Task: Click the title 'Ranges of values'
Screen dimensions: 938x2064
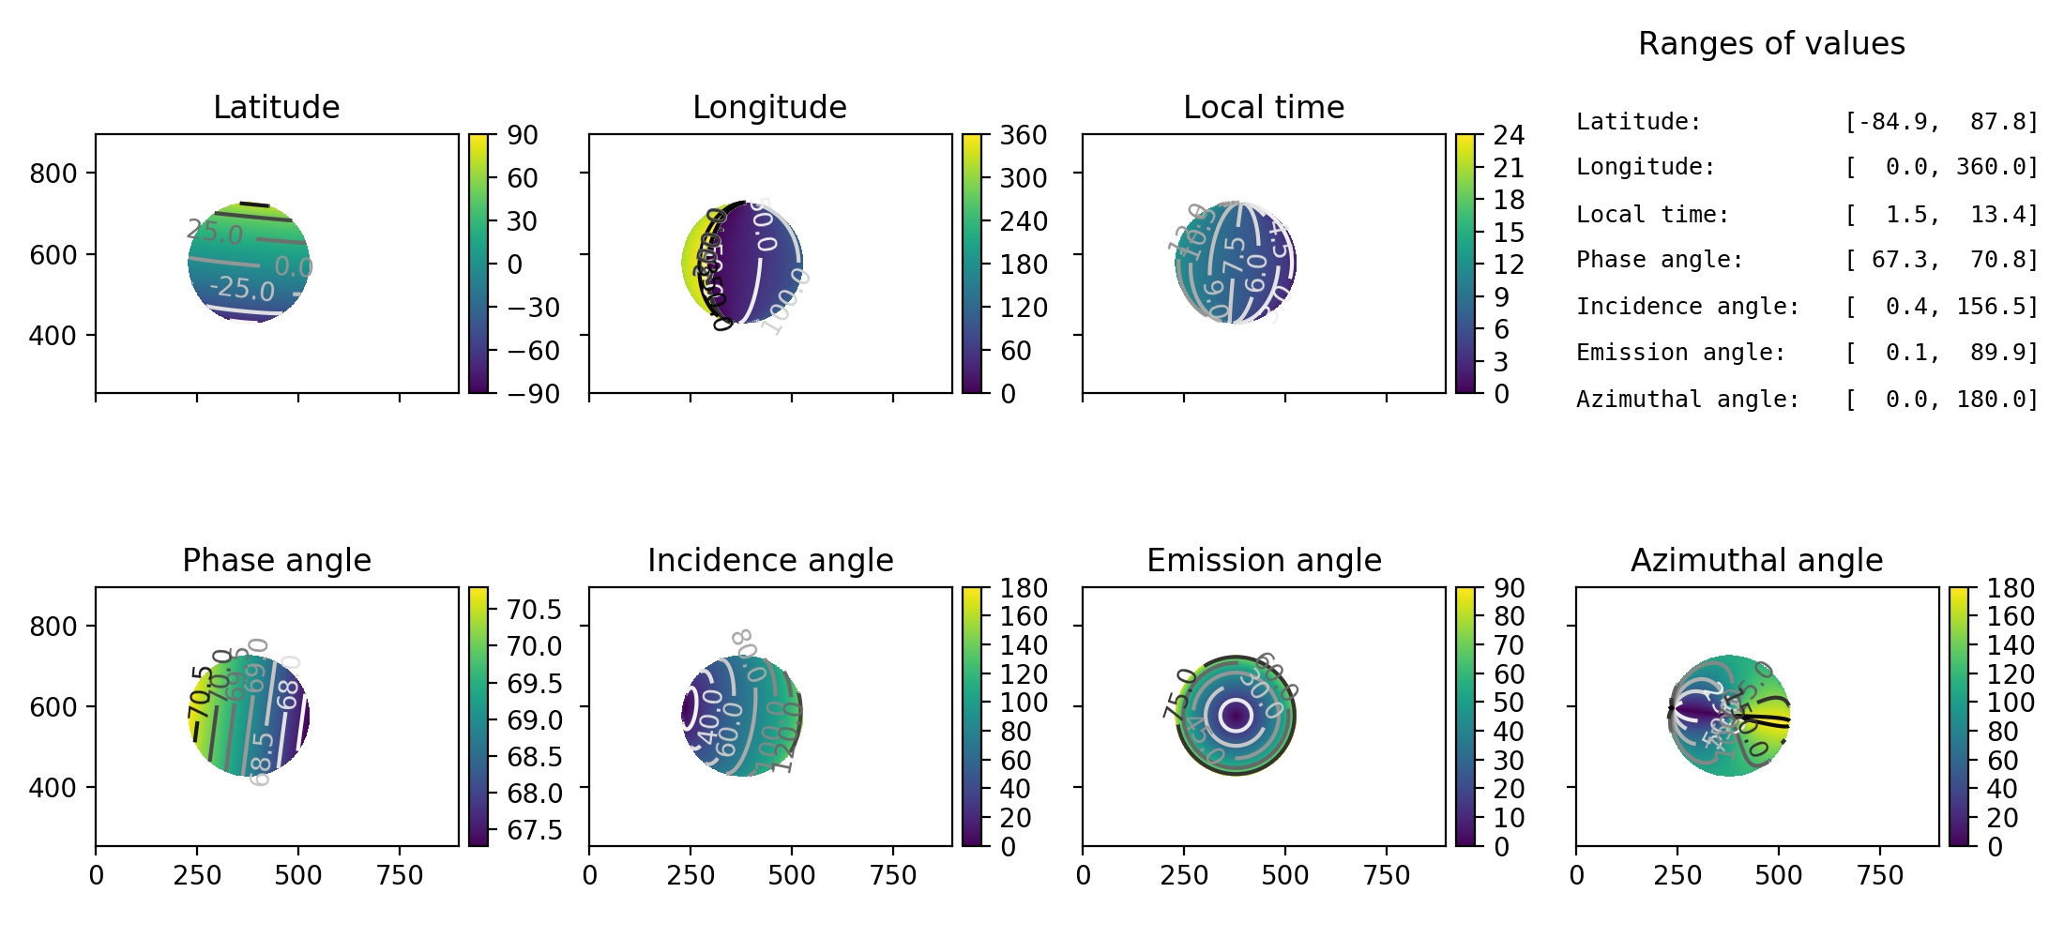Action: pos(1771,44)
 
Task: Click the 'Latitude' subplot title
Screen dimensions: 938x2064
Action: pos(277,108)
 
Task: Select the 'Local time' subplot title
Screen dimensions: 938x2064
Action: pos(1264,108)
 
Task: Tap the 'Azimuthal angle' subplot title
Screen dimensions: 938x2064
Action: pos(1756,561)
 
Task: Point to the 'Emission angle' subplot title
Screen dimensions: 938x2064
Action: pos(1264,561)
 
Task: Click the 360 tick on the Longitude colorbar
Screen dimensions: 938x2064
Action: pos(1023,135)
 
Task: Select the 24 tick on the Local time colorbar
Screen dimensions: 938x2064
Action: pos(1509,135)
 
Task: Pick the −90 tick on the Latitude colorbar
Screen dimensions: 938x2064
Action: pos(533,394)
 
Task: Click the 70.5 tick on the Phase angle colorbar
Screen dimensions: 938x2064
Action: pos(534,610)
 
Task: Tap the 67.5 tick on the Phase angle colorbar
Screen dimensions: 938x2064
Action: pos(534,830)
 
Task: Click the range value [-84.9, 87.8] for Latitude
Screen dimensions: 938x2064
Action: pos(1941,122)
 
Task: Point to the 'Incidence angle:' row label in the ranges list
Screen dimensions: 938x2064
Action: pos(1688,307)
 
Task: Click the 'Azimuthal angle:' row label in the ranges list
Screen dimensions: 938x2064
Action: pos(1688,400)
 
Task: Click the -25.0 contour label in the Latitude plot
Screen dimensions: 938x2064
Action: pos(242,288)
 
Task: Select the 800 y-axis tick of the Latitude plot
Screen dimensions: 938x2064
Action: pos(53,174)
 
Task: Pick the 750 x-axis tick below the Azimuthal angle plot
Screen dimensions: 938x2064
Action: pos(1880,876)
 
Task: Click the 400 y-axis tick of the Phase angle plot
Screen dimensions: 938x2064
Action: pos(53,788)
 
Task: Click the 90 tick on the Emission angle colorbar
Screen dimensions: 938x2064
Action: pos(1509,588)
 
